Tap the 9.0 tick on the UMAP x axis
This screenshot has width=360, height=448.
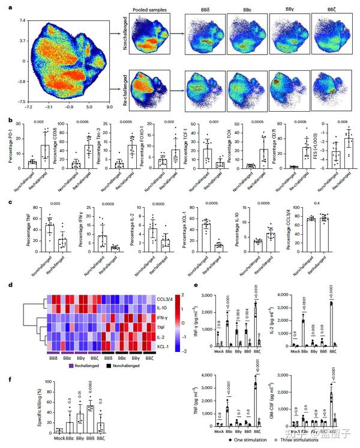[x=110, y=107]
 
